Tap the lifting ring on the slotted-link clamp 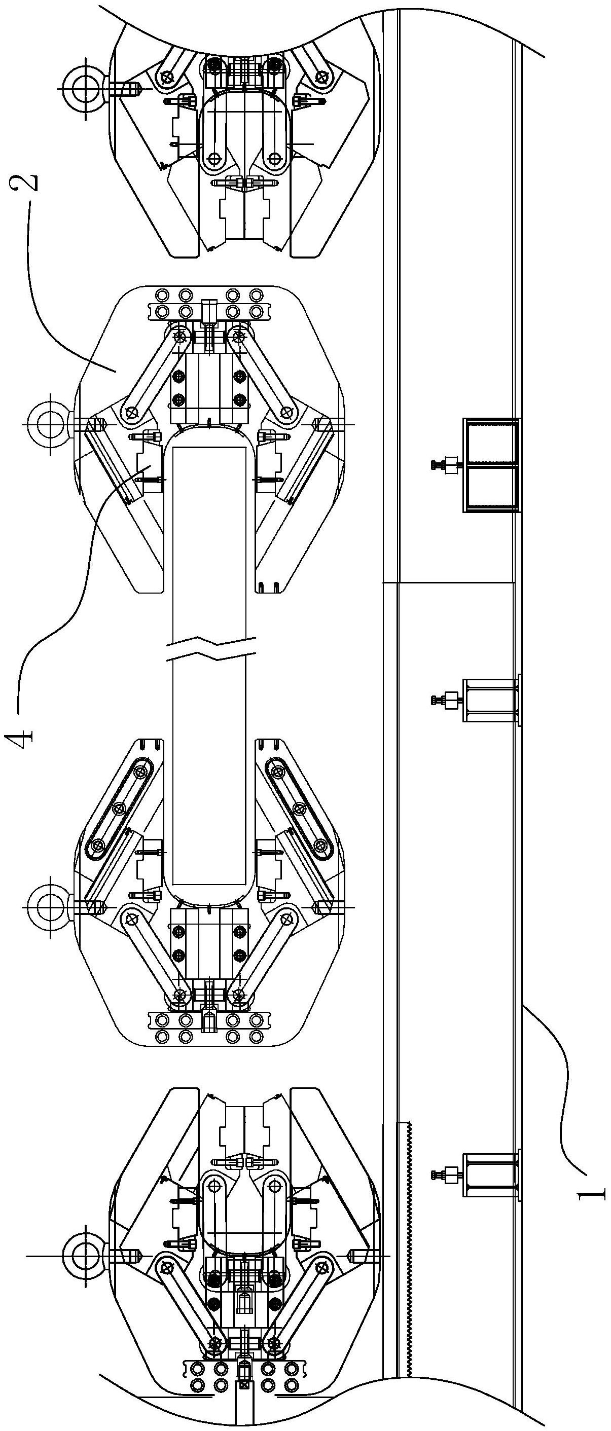(x=45, y=905)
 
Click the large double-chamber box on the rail (x=491, y=465)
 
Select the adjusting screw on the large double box (x=444, y=465)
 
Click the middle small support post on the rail (x=491, y=700)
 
